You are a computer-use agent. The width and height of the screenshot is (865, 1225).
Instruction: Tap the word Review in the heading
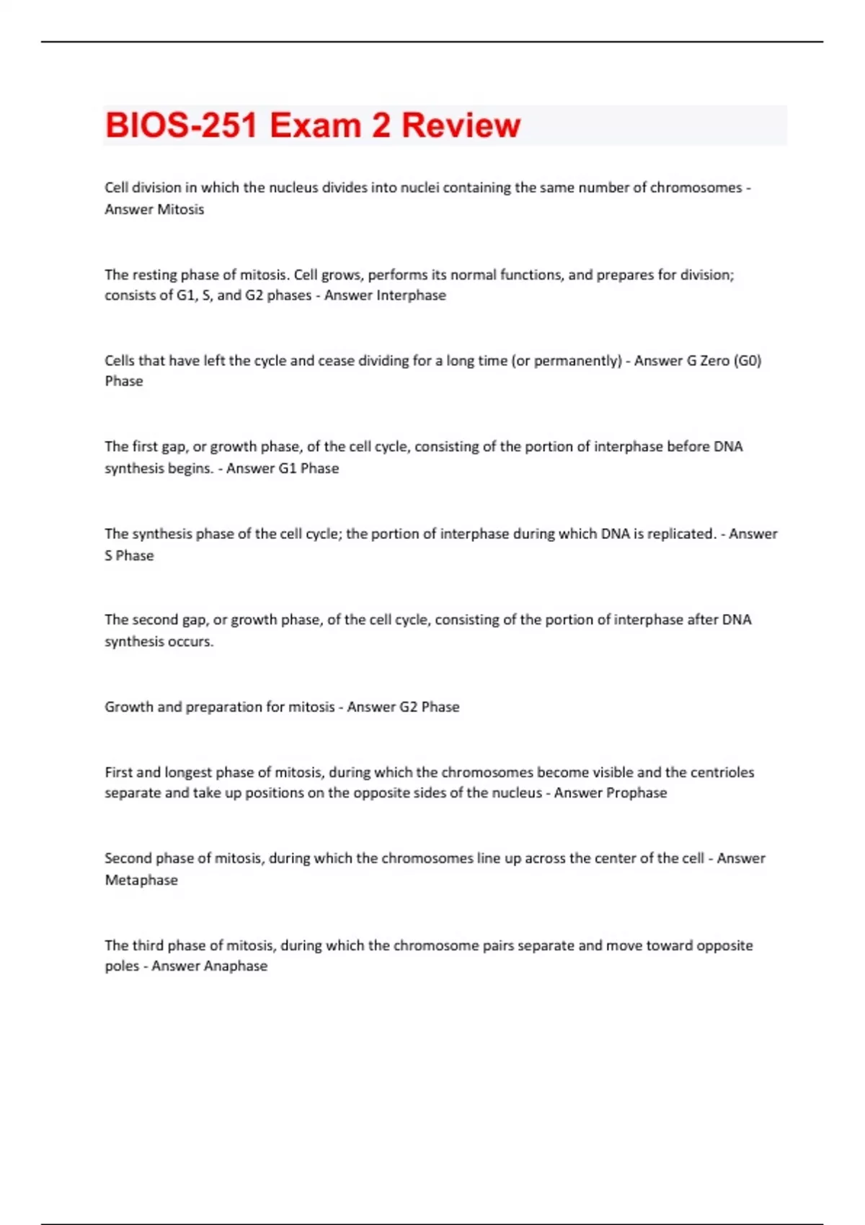pos(461,125)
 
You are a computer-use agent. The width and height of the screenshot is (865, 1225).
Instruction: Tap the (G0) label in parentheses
pos(748,360)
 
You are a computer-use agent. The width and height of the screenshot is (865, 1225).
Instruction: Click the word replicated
pos(680,534)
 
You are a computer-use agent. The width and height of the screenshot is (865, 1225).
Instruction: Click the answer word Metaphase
pos(141,880)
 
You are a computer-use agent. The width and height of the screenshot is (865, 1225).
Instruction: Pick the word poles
pos(122,966)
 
